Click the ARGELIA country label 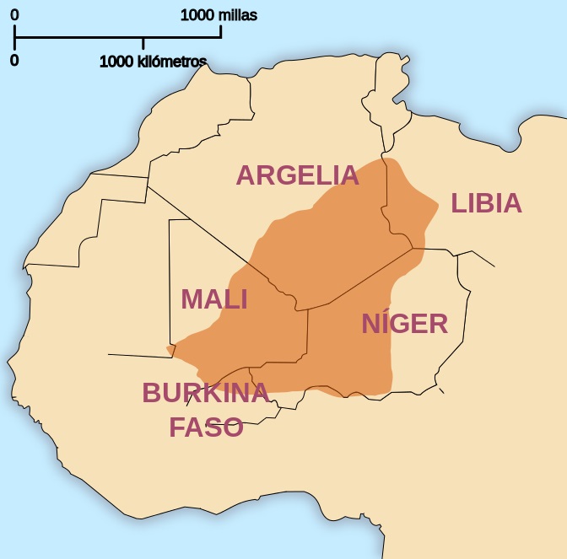pos(297,175)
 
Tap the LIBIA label pos(486,203)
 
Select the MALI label pos(214,299)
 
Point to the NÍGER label pos(405,324)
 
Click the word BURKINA pos(205,393)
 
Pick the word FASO pos(206,427)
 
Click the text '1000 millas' pos(219,15)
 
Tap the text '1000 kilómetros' pos(153,62)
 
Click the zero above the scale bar pos(14,15)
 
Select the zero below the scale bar pos(14,61)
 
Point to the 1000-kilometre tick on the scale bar pos(143,44)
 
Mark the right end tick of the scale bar pos(221,31)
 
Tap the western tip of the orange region pos(168,348)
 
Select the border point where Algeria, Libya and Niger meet pos(413,248)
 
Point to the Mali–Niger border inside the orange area pos(308,337)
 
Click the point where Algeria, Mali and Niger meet pos(308,309)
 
